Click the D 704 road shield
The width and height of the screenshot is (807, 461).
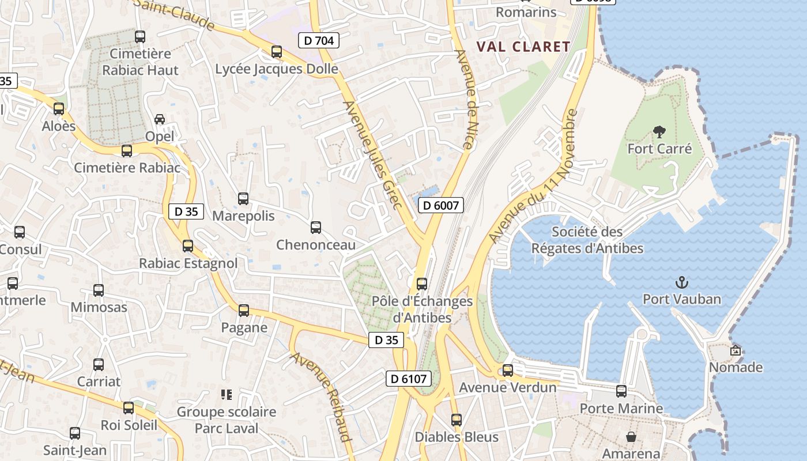coord(319,40)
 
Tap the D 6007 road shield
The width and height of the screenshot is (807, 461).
coord(441,205)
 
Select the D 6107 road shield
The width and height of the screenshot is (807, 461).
coord(408,379)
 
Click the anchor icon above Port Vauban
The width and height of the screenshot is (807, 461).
coord(682,282)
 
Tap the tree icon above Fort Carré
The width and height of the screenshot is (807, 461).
coord(659,132)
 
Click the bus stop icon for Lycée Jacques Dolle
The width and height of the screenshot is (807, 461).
coord(277,52)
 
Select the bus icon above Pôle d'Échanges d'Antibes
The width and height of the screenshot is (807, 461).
coord(422,284)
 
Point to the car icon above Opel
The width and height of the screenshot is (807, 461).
coord(160,119)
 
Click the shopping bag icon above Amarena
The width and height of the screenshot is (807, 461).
coord(631,437)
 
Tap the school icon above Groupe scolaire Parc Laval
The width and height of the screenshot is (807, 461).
coord(227,395)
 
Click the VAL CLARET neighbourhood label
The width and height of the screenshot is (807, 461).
coord(523,47)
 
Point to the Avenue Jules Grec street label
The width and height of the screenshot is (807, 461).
coord(372,151)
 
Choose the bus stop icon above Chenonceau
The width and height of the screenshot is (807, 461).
coord(316,228)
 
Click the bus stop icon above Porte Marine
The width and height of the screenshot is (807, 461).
coord(621,391)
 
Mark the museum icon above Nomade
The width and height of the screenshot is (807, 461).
coord(736,350)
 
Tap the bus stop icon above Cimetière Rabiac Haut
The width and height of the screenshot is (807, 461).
coord(140,37)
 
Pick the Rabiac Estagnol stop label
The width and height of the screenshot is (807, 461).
coord(188,263)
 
